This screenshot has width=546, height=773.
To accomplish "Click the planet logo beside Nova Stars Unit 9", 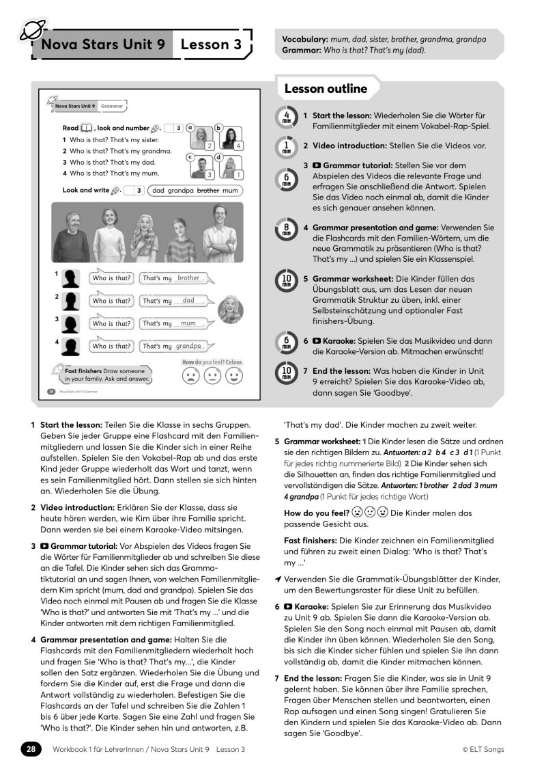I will (x=31, y=31).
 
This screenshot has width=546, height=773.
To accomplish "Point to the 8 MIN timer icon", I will (x=287, y=230).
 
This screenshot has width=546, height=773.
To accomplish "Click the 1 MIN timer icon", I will (x=287, y=146).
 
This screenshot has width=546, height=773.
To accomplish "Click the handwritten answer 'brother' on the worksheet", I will (x=188, y=278).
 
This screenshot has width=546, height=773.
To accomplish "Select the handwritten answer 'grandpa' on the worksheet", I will (x=188, y=346).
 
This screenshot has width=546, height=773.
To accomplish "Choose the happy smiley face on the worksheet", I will (x=233, y=377).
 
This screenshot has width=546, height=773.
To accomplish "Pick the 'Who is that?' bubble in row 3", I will (x=111, y=323).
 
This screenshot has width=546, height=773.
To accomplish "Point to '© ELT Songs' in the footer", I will (x=483, y=749).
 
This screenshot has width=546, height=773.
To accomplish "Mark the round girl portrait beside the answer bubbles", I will (x=231, y=312).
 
